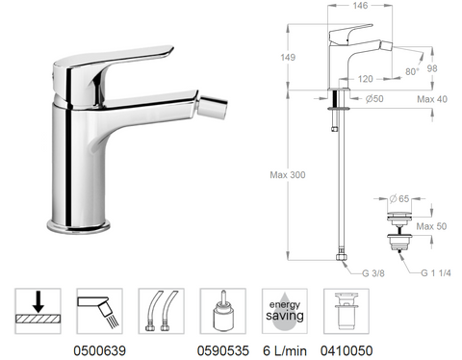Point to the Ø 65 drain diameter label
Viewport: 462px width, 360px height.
coord(402,196)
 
